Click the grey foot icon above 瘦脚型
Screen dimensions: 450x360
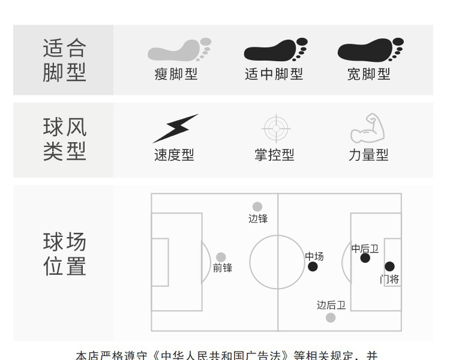point(179,50)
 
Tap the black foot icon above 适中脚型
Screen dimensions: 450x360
point(275,50)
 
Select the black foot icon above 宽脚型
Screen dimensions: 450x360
point(370,50)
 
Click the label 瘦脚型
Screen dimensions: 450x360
point(176,74)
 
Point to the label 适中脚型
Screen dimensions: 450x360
point(274,74)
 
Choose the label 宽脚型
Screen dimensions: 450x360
point(369,74)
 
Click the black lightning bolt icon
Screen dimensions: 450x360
point(175,128)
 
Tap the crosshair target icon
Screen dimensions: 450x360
point(276,128)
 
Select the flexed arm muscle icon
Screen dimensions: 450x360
point(367,128)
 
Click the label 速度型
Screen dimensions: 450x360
point(175,155)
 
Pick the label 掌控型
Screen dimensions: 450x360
point(274,155)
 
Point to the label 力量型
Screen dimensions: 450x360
point(369,155)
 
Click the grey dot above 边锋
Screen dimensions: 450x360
point(257,207)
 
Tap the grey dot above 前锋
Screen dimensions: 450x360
point(221,257)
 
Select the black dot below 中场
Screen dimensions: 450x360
point(313,266)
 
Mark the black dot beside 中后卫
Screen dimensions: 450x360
point(365,258)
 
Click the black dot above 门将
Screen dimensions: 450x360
point(389,266)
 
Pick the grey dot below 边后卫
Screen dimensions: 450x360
point(331,317)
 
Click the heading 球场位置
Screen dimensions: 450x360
point(65,254)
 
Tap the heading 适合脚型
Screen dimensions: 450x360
point(65,60)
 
